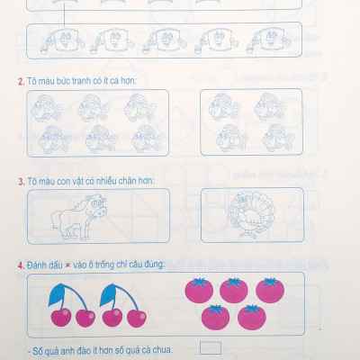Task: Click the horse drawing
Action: (78, 217)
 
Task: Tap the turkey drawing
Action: (251, 213)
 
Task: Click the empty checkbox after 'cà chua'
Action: (211, 348)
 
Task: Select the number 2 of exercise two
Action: (21, 82)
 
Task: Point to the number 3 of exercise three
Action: (22, 182)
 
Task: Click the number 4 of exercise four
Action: (21, 265)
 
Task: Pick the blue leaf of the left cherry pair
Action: (57, 295)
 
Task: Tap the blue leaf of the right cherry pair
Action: (107, 295)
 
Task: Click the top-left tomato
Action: (199, 290)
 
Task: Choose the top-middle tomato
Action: (234, 291)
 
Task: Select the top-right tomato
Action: (270, 290)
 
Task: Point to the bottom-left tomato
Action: (216, 318)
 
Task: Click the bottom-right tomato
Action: (252, 318)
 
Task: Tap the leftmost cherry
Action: (61, 317)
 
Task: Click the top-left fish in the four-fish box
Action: (223, 107)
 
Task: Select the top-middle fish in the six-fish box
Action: (93, 108)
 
